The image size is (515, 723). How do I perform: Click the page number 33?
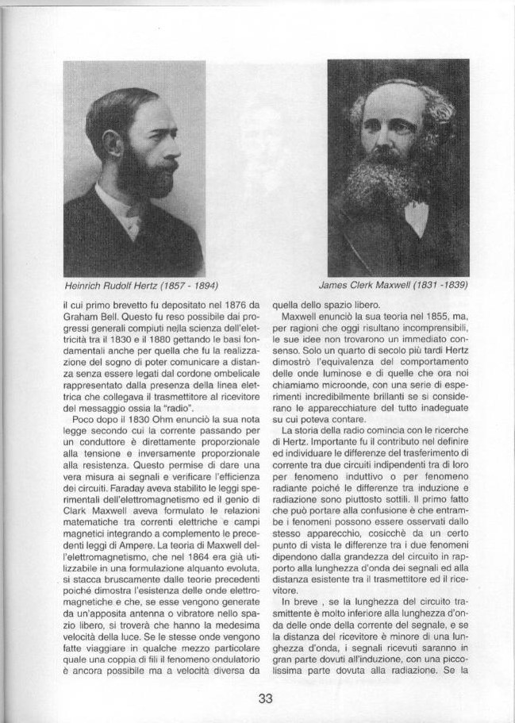(265, 698)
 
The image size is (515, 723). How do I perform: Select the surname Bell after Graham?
(115, 314)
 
